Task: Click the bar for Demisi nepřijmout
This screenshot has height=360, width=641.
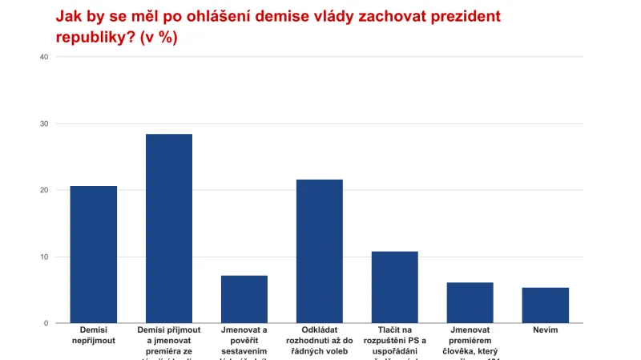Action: (x=94, y=254)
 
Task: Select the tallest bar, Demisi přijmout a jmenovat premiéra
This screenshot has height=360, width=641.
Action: (x=169, y=229)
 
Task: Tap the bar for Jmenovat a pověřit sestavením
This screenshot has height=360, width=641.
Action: (x=244, y=299)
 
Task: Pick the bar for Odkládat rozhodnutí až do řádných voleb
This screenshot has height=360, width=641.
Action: (x=320, y=251)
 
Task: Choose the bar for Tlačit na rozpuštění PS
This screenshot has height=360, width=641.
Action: (x=395, y=287)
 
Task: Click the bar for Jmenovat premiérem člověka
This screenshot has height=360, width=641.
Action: (x=470, y=302)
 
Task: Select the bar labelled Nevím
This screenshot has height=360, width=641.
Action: (x=546, y=305)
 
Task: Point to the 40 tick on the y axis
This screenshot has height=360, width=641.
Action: (x=43, y=57)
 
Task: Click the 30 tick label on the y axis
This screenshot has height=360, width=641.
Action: (x=43, y=123)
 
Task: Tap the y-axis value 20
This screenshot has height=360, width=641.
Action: (x=43, y=190)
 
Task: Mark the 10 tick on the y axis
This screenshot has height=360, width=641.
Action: (x=43, y=257)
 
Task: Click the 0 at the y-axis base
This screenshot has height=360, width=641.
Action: (x=46, y=323)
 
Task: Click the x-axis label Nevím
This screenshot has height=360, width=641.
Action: (x=546, y=330)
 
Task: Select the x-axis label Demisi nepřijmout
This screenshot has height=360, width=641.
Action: (x=94, y=335)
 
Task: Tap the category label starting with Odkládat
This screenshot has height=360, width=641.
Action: (x=320, y=335)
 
